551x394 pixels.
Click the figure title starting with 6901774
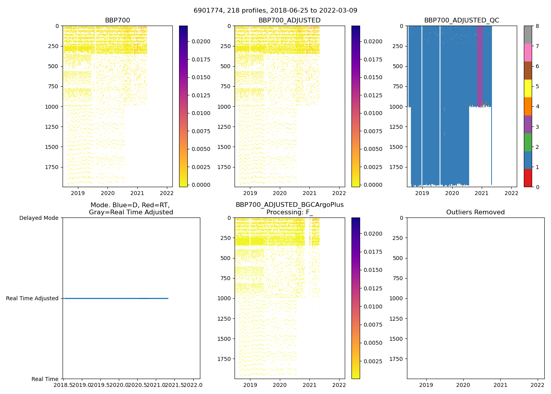pyautogui.click(x=275, y=11)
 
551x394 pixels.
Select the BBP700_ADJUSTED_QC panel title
pyautogui.click(x=461, y=20)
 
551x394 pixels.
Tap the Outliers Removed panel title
pyautogui.click(x=475, y=212)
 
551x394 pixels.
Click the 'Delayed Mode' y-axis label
pyautogui.click(x=39, y=218)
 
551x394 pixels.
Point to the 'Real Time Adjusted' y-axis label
pyautogui.click(x=32, y=299)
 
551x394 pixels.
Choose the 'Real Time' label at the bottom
pyautogui.click(x=45, y=379)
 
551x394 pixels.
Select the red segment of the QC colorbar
pyautogui.click(x=528, y=178)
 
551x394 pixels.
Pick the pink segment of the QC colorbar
pyautogui.click(x=528, y=53)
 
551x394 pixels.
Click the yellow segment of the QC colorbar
pyautogui.click(x=528, y=89)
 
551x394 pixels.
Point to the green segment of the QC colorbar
pyautogui.click(x=528, y=142)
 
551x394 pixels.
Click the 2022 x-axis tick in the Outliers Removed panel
pyautogui.click(x=538, y=385)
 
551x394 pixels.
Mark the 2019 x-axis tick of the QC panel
pyautogui.click(x=422, y=193)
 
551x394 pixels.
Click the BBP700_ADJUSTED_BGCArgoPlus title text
pyautogui.click(x=289, y=205)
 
